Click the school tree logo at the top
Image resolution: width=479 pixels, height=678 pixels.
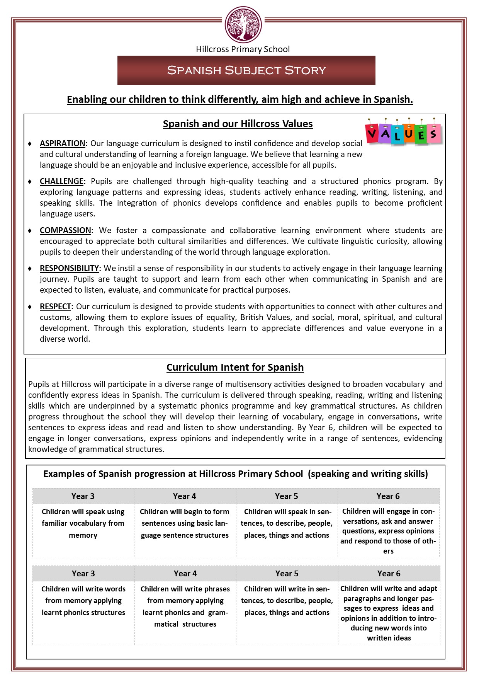(x=243, y=24)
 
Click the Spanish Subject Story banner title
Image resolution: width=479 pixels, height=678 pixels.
(x=246, y=70)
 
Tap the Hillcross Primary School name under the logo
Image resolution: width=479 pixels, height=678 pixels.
(x=243, y=49)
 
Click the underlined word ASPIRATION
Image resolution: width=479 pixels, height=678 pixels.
(x=62, y=143)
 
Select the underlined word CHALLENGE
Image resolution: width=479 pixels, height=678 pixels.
(x=61, y=181)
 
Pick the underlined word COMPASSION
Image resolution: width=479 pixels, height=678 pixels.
(x=65, y=230)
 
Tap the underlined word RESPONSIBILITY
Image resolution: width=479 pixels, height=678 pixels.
(x=70, y=268)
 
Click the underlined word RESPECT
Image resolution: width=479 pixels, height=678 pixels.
(x=55, y=307)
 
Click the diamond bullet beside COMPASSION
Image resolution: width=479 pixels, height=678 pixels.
(x=30, y=230)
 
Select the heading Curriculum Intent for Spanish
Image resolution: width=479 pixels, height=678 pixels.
(x=235, y=367)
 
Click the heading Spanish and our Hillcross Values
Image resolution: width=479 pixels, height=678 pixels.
(x=238, y=124)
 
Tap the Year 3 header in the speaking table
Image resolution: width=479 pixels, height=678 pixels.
(x=83, y=496)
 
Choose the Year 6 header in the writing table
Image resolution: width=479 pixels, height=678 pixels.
(x=389, y=574)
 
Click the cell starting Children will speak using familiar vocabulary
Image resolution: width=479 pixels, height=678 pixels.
(x=83, y=523)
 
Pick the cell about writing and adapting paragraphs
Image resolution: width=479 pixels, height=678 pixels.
(x=389, y=613)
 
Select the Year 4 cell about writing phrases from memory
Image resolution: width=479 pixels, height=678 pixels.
(x=185, y=606)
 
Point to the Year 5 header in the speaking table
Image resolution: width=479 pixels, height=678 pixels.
(x=287, y=496)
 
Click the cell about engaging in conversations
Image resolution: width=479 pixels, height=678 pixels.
(x=388, y=531)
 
